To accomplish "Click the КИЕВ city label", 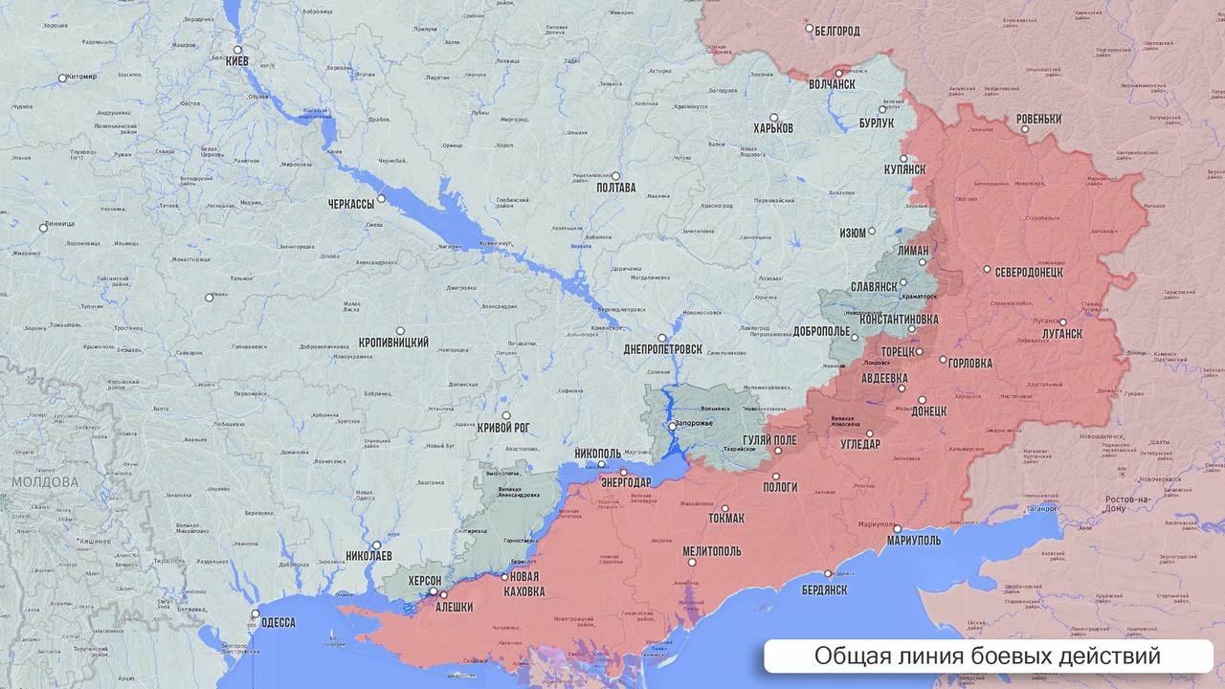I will coord(236,61).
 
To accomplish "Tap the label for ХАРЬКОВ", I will coord(773,128).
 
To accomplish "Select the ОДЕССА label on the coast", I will coord(278,623).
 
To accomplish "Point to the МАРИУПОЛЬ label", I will coord(913,540).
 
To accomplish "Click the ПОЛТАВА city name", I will coord(615,188).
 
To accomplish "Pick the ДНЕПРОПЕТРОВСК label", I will coord(662,349).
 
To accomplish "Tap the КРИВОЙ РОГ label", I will coord(503,428).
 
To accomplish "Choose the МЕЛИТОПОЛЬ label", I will coord(712,552).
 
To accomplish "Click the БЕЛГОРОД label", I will coord(837,31).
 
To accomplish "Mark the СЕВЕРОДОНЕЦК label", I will coord(1029,272).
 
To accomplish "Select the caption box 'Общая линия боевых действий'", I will coord(988,656).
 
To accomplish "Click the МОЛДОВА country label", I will coord(45,482).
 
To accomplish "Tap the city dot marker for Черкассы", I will coord(381,199).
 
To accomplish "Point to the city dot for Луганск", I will coord(1063,322).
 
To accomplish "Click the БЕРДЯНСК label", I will coord(824,590).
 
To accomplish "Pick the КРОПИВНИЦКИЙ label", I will coord(393,343).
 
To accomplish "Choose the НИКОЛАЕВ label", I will coord(368,555).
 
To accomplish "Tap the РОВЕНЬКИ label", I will coord(1038,120).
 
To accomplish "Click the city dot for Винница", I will coord(43,228).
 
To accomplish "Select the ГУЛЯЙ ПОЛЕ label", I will coord(769,440).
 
